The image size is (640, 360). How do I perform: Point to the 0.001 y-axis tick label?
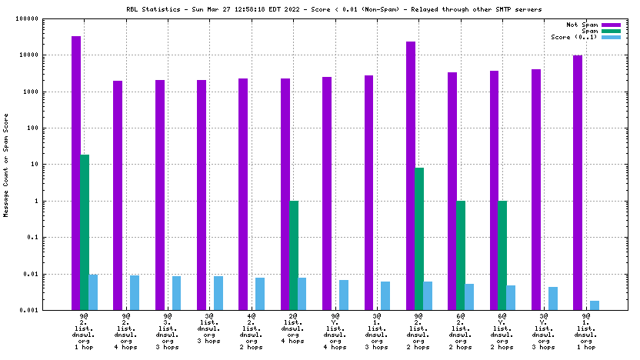click(52, 311)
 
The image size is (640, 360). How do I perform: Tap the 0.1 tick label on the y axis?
click(55, 238)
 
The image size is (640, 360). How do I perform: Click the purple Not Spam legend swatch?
click(611, 25)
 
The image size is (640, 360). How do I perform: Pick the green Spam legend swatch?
click(611, 32)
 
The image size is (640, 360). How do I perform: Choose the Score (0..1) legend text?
click(574, 37)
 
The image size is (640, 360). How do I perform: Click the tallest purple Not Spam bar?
click(76, 173)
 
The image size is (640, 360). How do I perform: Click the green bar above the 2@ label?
click(294, 255)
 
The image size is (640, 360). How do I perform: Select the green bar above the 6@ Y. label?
click(502, 255)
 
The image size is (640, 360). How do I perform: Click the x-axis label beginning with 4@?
click(252, 332)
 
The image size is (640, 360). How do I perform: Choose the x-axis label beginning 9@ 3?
click(168, 332)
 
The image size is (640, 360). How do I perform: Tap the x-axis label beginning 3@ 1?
click(377, 332)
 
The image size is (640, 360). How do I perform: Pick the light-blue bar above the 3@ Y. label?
click(553, 298)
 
